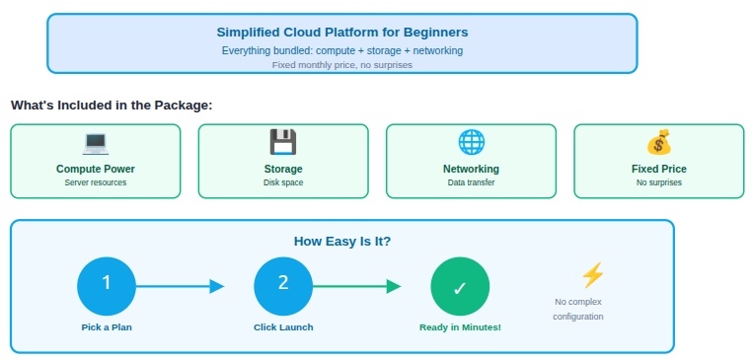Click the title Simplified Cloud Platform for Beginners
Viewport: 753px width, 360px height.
coord(341,32)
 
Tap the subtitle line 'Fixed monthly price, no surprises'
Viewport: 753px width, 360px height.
coord(341,64)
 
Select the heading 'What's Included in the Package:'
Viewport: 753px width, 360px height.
coord(112,105)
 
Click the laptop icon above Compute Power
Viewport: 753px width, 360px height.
coord(96,143)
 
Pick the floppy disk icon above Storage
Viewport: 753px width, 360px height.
coord(283,143)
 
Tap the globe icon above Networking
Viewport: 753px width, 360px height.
coord(471,143)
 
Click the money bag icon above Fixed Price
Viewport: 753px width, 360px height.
coord(658,143)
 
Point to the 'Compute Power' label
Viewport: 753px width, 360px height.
coord(96,169)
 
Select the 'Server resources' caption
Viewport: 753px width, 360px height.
coord(96,182)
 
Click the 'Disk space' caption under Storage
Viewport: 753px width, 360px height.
coord(283,182)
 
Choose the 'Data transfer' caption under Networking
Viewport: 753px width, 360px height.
coord(471,182)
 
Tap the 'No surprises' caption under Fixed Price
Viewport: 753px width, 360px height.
coord(658,182)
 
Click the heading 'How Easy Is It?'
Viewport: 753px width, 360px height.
coord(341,241)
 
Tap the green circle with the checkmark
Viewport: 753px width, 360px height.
coord(460,286)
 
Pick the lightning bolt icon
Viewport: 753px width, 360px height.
coord(592,275)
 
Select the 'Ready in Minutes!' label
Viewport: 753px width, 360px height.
coord(460,326)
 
